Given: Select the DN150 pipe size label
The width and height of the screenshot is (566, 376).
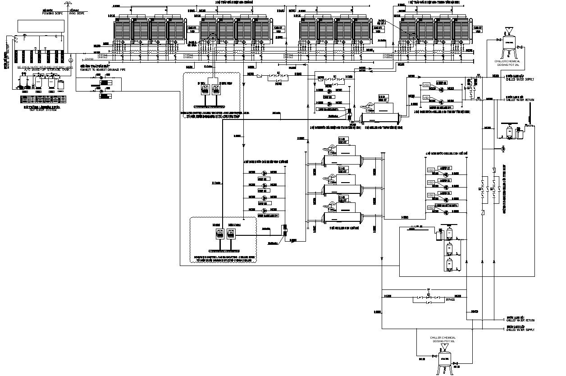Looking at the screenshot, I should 89,59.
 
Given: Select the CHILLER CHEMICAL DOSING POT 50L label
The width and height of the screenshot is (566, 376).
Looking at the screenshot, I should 443,339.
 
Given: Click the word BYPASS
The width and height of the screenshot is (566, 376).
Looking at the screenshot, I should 450,299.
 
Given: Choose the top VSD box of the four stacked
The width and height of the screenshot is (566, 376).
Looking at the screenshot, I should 431,170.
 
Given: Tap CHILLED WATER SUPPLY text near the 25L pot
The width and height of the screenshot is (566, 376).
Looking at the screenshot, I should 520,80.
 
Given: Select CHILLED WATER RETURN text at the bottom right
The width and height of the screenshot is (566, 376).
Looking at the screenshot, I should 520,320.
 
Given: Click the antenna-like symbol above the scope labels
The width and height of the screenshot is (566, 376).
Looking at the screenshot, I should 67,5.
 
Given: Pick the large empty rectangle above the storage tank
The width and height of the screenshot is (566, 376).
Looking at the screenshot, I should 41,26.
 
